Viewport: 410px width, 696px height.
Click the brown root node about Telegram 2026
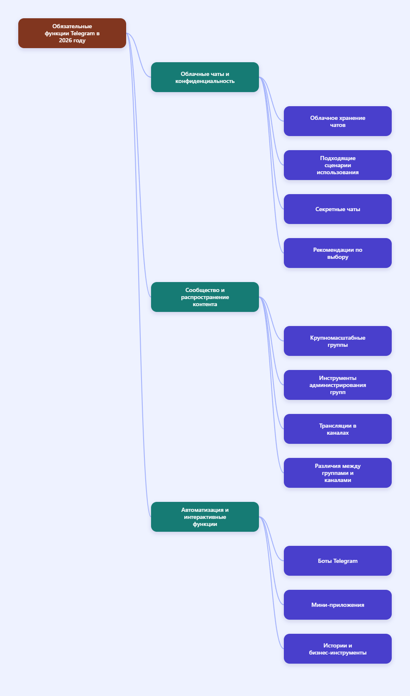(72, 33)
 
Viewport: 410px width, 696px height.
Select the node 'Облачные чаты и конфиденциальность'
(205, 77)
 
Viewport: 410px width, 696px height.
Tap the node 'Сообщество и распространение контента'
(205, 297)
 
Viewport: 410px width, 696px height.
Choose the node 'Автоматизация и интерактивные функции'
(205, 517)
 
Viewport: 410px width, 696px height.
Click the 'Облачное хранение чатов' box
(337, 121)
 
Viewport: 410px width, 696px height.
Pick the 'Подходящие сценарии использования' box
(337, 165)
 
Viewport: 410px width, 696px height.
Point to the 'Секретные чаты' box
(337, 209)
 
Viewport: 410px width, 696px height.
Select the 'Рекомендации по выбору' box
(337, 253)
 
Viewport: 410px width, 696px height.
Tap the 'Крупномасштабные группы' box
(337, 341)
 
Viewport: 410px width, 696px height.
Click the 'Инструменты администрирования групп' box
(337, 385)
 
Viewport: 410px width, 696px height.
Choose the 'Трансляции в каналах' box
(337, 429)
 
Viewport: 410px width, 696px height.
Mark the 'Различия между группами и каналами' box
(337, 473)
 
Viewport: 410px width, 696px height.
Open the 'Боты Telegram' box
(337, 561)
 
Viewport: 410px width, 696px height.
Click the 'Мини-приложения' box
(337, 605)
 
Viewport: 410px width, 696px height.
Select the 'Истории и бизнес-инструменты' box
(337, 649)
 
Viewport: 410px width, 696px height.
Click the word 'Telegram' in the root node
(82, 34)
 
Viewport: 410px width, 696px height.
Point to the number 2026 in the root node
(65, 40)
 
